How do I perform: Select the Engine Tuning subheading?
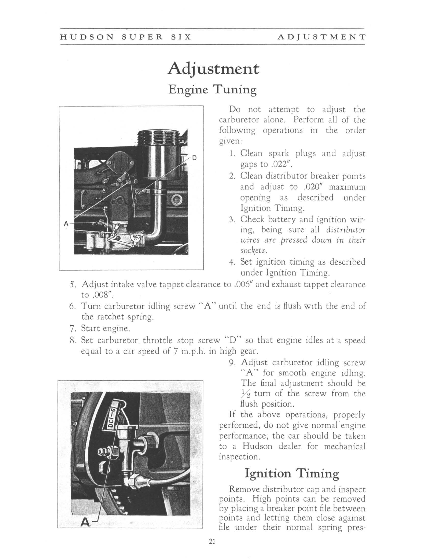[x=212, y=90]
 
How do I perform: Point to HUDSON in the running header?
[x=87, y=37]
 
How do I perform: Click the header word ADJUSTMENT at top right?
[x=321, y=37]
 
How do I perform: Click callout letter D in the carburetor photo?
[x=194, y=158]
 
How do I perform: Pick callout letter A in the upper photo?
[x=66, y=223]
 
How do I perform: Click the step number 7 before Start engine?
[x=72, y=328]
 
